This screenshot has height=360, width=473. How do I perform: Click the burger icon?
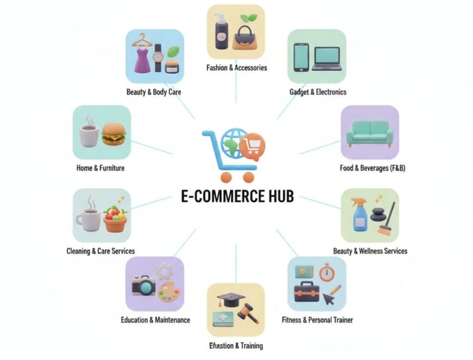coord(113,134)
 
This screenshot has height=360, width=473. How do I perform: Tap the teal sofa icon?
coord(370,133)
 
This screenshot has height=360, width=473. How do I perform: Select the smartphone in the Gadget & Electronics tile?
coord(301,57)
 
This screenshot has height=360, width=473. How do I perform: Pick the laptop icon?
coord(326,59)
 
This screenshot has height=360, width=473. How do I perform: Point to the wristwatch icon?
coord(158,57)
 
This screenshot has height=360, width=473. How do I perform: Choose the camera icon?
coord(144,285)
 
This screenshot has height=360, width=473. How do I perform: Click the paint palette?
coord(169,292)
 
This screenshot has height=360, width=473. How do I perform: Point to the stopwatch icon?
coord(326,273)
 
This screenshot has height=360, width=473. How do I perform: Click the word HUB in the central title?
coord(277,197)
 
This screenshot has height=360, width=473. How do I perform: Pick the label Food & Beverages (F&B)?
coord(372,168)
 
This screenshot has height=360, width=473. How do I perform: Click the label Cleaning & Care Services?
coord(100,251)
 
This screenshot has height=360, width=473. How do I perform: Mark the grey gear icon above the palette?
coord(164,271)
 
